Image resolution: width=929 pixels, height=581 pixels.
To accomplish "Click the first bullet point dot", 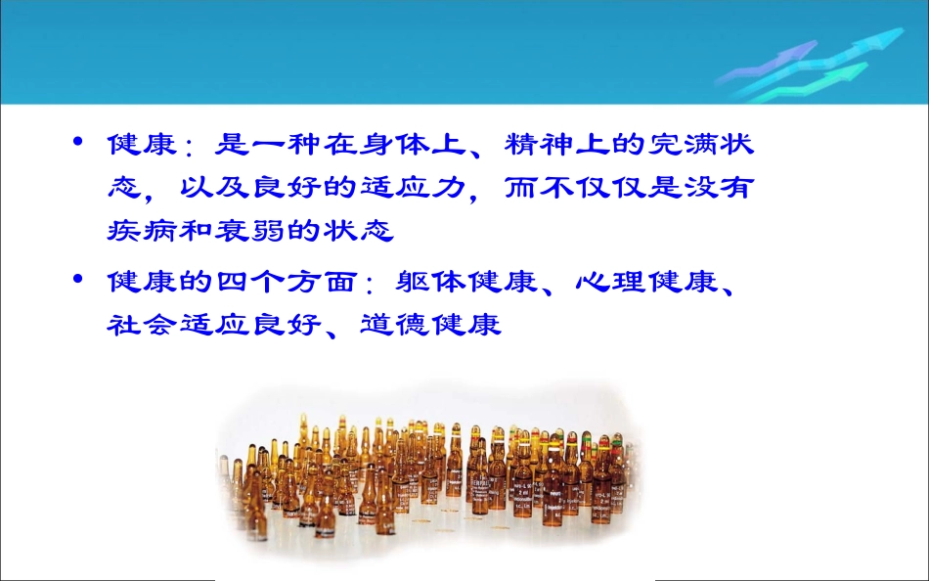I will click(x=79, y=143).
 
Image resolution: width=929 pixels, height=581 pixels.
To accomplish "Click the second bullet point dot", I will click(x=79, y=281).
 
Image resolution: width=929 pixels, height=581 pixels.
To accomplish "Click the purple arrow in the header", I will click(x=773, y=59).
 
